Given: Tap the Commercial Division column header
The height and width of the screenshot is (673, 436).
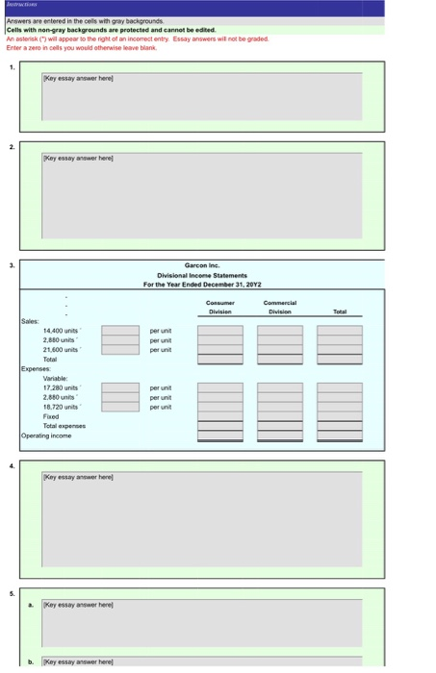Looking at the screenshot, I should click(279, 306).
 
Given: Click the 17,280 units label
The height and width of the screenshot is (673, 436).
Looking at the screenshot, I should click(59, 386).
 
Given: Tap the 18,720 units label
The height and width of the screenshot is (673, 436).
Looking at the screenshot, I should click(59, 406).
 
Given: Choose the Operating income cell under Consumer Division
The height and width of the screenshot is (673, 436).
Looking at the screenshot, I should click(220, 436).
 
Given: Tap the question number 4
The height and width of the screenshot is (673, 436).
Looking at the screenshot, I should click(11, 466).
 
